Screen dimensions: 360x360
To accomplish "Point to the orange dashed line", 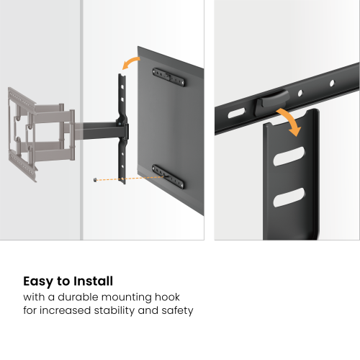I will [130, 178].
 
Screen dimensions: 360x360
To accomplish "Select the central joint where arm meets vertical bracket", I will [124, 131].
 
